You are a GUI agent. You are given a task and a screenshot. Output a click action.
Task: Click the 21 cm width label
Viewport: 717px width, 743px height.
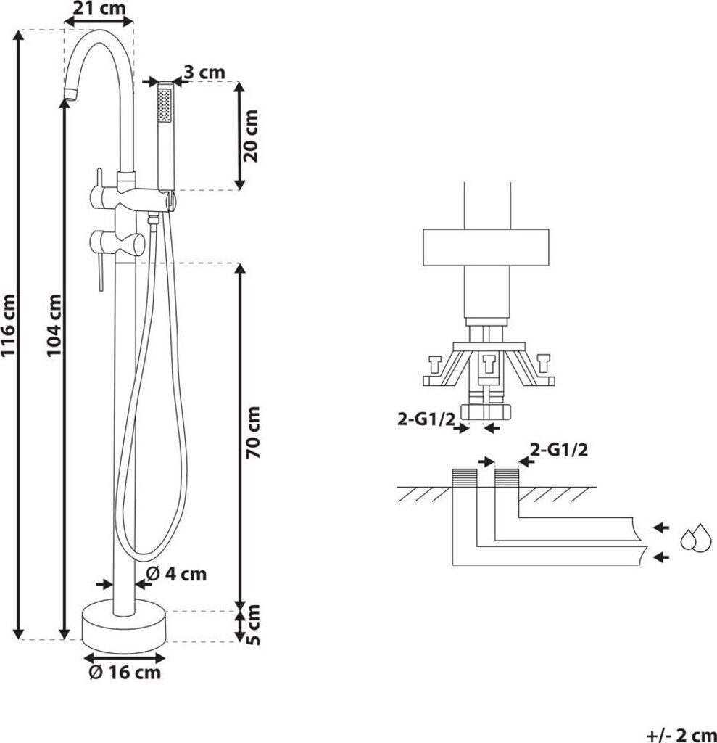tap(100, 8)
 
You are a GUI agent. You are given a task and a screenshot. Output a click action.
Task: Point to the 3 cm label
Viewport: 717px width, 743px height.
tap(204, 73)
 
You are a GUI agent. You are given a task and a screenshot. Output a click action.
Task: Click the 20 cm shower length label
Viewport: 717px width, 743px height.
tap(251, 136)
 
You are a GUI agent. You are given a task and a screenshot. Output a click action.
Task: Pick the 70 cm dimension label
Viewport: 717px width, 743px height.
tap(253, 432)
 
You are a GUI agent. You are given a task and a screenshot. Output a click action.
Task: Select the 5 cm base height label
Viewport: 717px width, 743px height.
tap(253, 625)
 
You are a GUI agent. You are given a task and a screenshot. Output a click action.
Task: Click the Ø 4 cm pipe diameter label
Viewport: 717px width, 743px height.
tap(177, 574)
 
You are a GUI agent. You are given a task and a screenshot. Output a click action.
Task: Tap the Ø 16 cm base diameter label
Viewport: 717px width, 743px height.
tap(125, 672)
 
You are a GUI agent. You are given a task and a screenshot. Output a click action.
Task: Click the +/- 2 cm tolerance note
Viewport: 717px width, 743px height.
tap(681, 735)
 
